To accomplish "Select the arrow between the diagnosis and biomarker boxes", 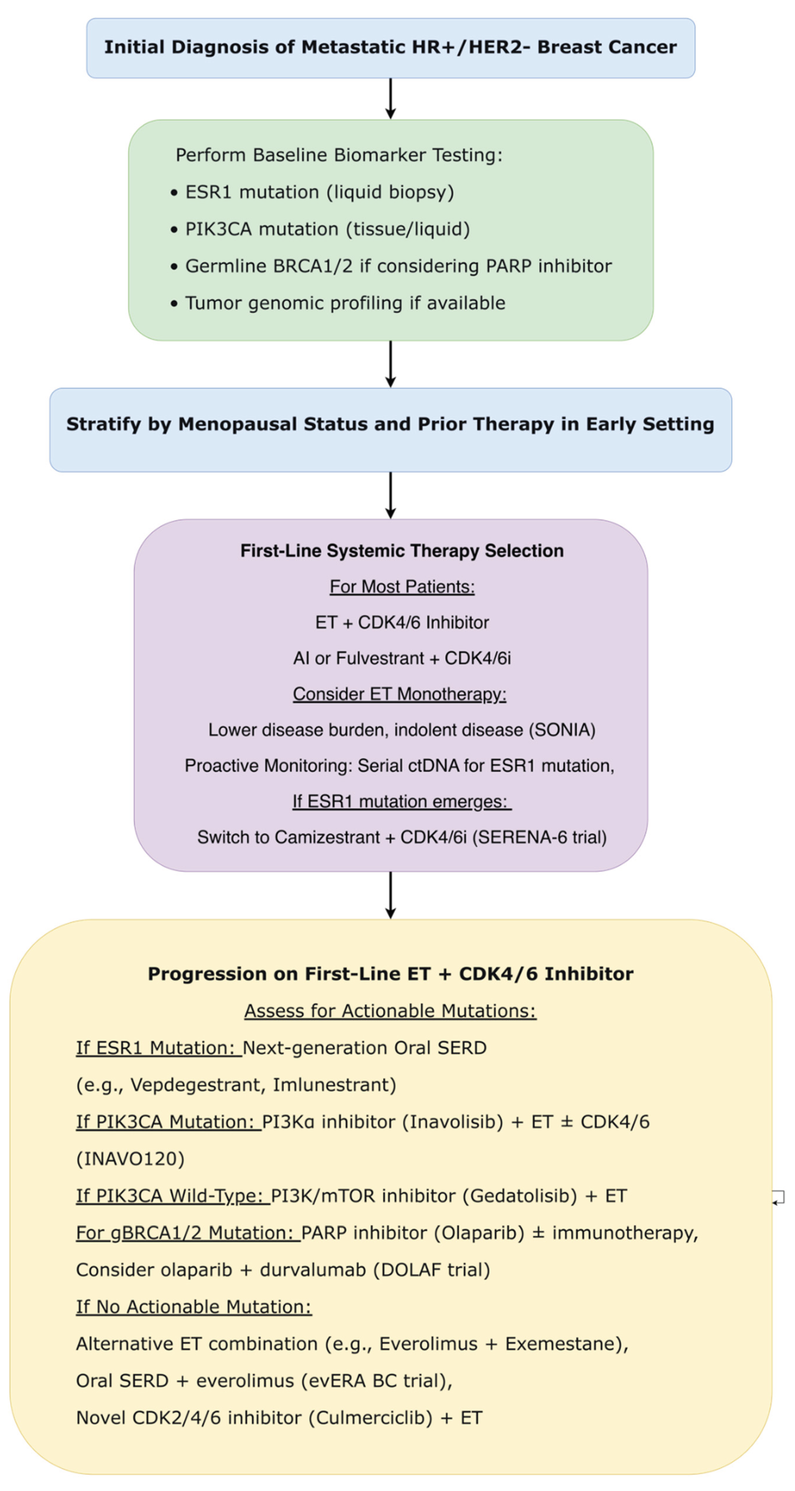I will (391, 99).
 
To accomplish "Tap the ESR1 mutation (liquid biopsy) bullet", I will (319, 192).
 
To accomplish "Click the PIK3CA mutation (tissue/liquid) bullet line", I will (327, 229).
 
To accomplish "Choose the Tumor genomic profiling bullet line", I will (345, 303).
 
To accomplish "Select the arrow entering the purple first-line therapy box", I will (391, 495).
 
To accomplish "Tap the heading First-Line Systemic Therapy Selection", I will (401, 550).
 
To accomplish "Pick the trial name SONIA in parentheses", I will (562, 730).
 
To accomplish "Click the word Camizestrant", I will (327, 838).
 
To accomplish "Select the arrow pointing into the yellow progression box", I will (391, 894).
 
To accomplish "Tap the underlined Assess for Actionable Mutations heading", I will (390, 1011).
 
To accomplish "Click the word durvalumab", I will (312, 1270).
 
